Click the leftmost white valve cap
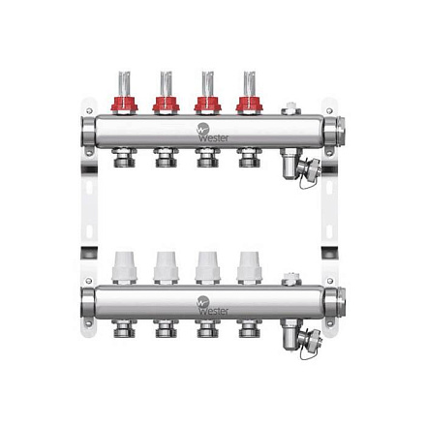click(x=125, y=267)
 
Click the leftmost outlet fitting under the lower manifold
click(x=125, y=325)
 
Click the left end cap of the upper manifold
click(x=91, y=129)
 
